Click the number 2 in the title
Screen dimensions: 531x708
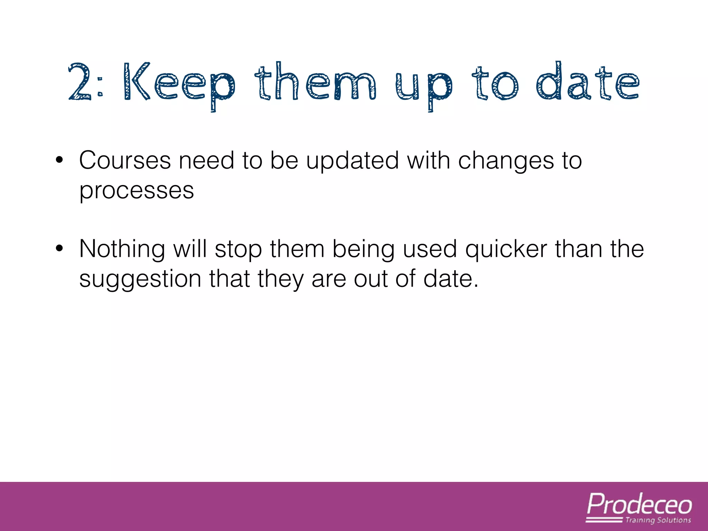(x=80, y=82)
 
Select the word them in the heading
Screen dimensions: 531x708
(x=315, y=82)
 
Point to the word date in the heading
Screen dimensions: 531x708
(x=588, y=82)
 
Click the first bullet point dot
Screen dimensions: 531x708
(x=59, y=160)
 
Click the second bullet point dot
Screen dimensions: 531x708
(x=59, y=249)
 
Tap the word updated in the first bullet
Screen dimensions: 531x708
(x=352, y=161)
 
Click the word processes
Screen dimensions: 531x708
(x=137, y=191)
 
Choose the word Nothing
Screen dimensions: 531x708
(x=122, y=249)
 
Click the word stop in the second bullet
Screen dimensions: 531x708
(x=238, y=250)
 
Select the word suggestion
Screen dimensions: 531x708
(x=140, y=280)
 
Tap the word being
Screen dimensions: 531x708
(x=363, y=250)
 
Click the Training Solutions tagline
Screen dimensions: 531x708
(x=658, y=520)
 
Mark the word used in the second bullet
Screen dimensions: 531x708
(x=430, y=249)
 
